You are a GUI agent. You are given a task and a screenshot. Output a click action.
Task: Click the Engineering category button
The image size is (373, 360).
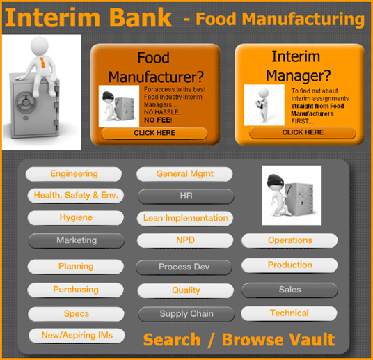[74, 174]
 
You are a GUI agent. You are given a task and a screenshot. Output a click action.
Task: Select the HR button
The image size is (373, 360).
[186, 196]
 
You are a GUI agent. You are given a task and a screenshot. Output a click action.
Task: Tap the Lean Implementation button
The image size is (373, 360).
[185, 218]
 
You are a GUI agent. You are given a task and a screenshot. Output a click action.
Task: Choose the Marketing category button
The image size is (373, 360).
[77, 240]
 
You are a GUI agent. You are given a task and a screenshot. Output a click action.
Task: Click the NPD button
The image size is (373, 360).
[185, 240]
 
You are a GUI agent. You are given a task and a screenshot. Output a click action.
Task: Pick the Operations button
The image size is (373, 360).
[289, 240]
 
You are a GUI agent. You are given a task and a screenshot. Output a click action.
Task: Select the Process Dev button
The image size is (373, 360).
[184, 267]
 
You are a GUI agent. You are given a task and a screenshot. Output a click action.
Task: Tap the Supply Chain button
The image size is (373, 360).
[186, 314]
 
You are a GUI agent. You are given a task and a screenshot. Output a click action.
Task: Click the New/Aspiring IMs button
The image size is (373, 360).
[77, 336]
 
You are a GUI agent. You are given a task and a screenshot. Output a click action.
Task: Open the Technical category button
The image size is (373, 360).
[289, 313]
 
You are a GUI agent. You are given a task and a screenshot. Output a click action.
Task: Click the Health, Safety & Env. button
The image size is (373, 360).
[76, 196]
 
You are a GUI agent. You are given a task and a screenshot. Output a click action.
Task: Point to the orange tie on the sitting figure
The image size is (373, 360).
[42, 63]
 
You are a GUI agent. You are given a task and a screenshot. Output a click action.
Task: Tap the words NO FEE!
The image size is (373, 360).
[158, 120]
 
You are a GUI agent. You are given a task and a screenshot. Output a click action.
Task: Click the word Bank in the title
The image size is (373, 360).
[141, 17]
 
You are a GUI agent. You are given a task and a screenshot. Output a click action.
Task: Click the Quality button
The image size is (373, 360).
[186, 290]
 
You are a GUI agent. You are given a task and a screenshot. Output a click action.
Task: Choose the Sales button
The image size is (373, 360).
[290, 290]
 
